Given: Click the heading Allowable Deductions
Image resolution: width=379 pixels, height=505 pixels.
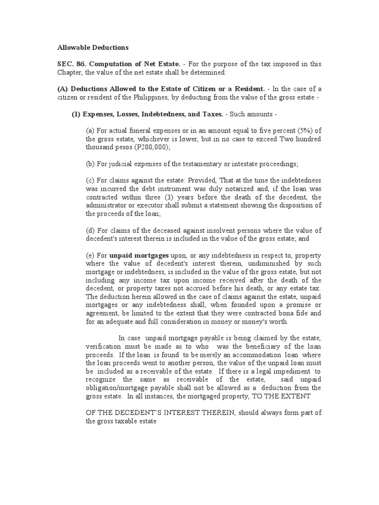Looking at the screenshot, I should tap(93, 48).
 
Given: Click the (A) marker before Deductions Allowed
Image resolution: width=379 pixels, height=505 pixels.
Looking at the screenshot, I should tap(63, 89).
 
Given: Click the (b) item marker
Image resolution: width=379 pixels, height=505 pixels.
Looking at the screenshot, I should tap(90, 164).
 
